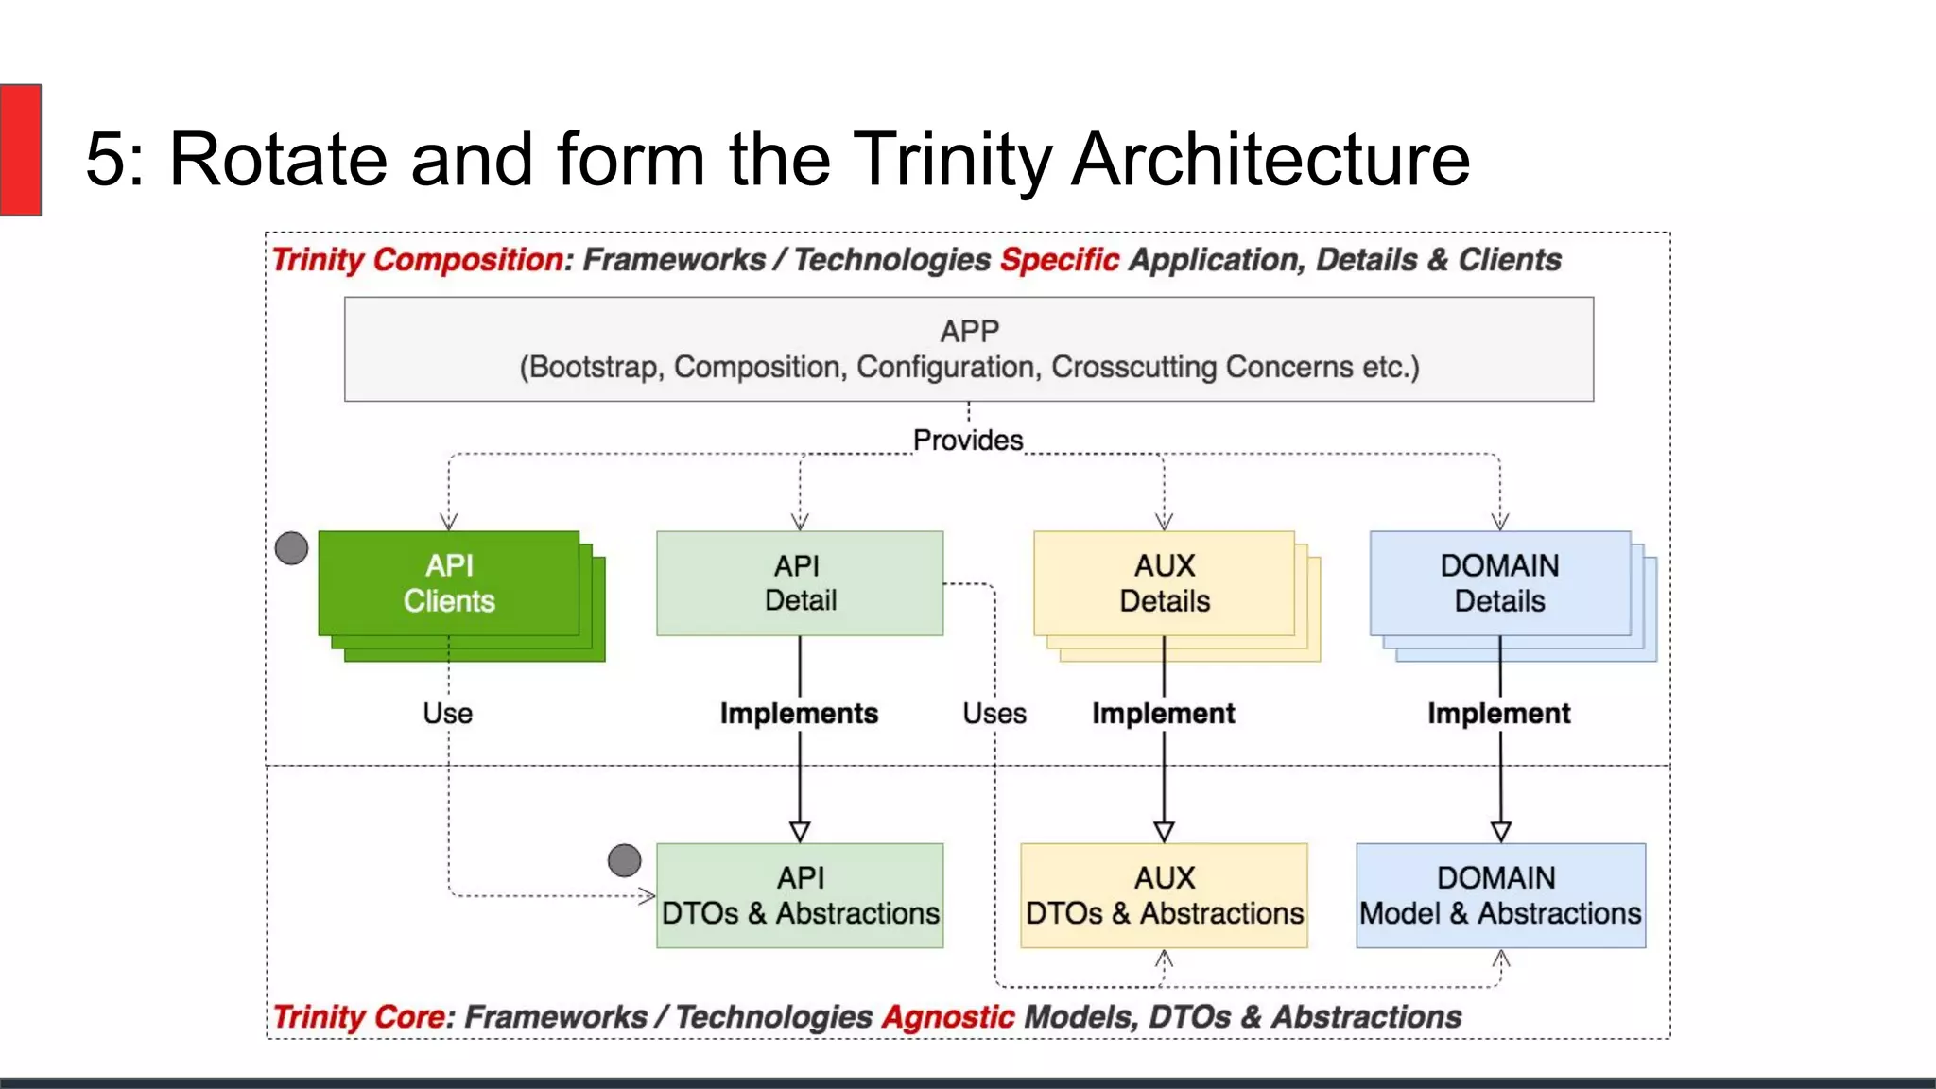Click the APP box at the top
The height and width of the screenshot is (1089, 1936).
968,349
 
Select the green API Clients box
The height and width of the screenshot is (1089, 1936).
449,583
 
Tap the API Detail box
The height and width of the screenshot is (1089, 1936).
800,583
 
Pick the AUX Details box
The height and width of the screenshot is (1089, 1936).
1164,583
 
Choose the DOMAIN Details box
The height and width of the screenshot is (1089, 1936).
1499,583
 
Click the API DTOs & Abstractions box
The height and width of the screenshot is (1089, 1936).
800,895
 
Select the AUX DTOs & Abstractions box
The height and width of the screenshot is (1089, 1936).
1164,895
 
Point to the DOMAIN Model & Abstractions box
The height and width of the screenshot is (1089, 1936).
1500,895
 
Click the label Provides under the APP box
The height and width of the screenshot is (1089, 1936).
968,441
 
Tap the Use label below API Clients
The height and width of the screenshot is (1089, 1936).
447,714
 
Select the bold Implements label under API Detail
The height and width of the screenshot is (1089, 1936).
799,714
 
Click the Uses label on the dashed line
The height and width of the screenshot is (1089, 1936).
994,714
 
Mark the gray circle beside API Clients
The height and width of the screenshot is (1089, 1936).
291,548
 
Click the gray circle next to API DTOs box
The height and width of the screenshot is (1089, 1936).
624,860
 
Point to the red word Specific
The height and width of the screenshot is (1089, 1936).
1059,260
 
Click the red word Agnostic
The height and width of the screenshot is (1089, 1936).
947,1017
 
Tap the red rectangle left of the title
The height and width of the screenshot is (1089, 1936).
20,149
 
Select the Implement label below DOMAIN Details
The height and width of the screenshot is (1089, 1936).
1498,714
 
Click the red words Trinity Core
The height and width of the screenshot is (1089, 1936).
358,1017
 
